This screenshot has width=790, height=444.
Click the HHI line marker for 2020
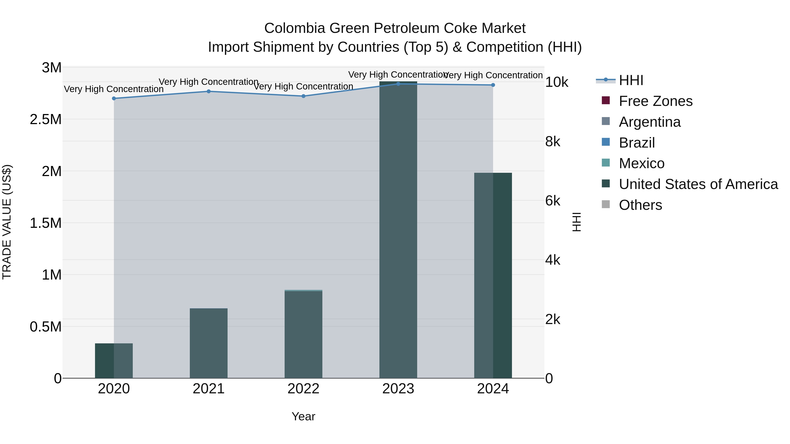(114, 98)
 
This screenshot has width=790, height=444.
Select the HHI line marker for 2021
(208, 91)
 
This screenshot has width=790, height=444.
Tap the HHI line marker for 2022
(303, 96)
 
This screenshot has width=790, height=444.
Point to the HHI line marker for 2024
(493, 85)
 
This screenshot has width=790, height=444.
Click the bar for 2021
(208, 343)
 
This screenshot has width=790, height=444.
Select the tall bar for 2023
(398, 230)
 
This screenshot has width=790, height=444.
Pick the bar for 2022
(303, 334)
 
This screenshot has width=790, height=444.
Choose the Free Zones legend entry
(655, 101)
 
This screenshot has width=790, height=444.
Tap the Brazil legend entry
(637, 143)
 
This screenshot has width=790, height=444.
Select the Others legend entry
(640, 205)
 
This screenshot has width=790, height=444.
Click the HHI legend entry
(631, 80)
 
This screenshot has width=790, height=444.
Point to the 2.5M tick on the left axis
(46, 119)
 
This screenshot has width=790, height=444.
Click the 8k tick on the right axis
(553, 142)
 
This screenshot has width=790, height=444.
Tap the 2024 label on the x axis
(493, 389)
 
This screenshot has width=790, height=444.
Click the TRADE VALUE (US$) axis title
(7, 222)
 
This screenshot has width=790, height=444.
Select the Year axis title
(303, 416)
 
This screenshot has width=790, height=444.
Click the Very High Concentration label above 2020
(114, 89)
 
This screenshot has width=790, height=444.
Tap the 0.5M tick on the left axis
(46, 327)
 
